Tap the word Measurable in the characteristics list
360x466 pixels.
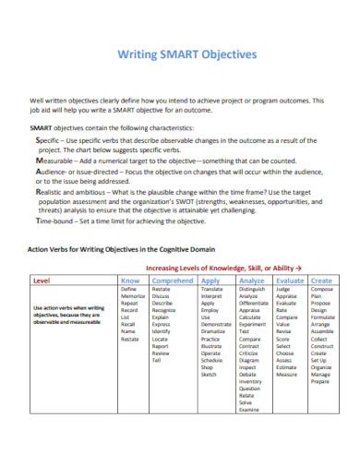(54, 159)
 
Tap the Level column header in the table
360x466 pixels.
(42, 280)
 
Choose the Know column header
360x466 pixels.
(130, 280)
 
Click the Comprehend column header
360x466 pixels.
(172, 280)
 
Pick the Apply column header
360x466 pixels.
(210, 280)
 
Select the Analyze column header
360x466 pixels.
(251, 280)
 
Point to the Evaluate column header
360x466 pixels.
(290, 280)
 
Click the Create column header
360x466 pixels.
(321, 280)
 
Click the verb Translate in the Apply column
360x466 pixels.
(211, 288)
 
